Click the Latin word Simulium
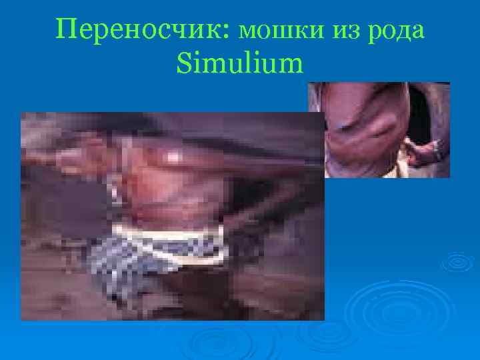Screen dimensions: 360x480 [x=240, y=64]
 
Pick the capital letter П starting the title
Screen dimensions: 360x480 [x=67, y=29]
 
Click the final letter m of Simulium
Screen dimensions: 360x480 [x=290, y=66]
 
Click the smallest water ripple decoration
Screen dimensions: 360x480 [x=457, y=262]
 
